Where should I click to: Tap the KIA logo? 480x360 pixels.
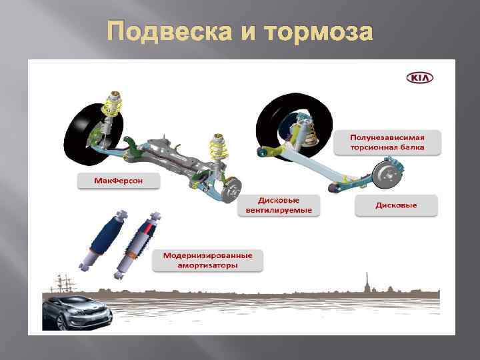[x=419, y=78]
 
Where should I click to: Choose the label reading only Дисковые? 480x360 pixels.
[x=396, y=205]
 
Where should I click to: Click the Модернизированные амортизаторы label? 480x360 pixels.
[x=208, y=261]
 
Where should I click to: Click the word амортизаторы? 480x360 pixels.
[x=208, y=265]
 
